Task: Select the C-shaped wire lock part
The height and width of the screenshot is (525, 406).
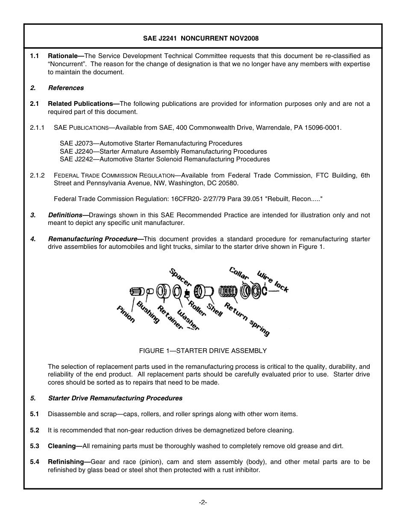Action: (x=265, y=291)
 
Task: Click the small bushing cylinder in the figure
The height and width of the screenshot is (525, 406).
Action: (x=150, y=291)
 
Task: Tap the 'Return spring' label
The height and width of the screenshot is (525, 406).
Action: (x=247, y=319)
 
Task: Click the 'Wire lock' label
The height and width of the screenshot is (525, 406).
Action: (x=273, y=281)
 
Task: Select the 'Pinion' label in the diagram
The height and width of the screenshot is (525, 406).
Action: (x=126, y=314)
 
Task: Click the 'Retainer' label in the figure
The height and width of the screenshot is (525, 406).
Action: (x=170, y=318)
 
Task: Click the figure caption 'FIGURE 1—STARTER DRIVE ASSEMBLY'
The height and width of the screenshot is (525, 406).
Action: (x=203, y=351)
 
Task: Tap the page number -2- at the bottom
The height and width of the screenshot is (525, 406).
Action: (x=203, y=502)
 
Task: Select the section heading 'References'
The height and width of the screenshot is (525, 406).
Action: (x=66, y=88)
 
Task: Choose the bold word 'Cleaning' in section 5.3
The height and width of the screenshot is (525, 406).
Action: (x=62, y=446)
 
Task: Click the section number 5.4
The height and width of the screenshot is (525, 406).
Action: (x=35, y=462)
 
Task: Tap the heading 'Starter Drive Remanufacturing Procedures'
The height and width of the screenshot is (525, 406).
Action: (x=115, y=398)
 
